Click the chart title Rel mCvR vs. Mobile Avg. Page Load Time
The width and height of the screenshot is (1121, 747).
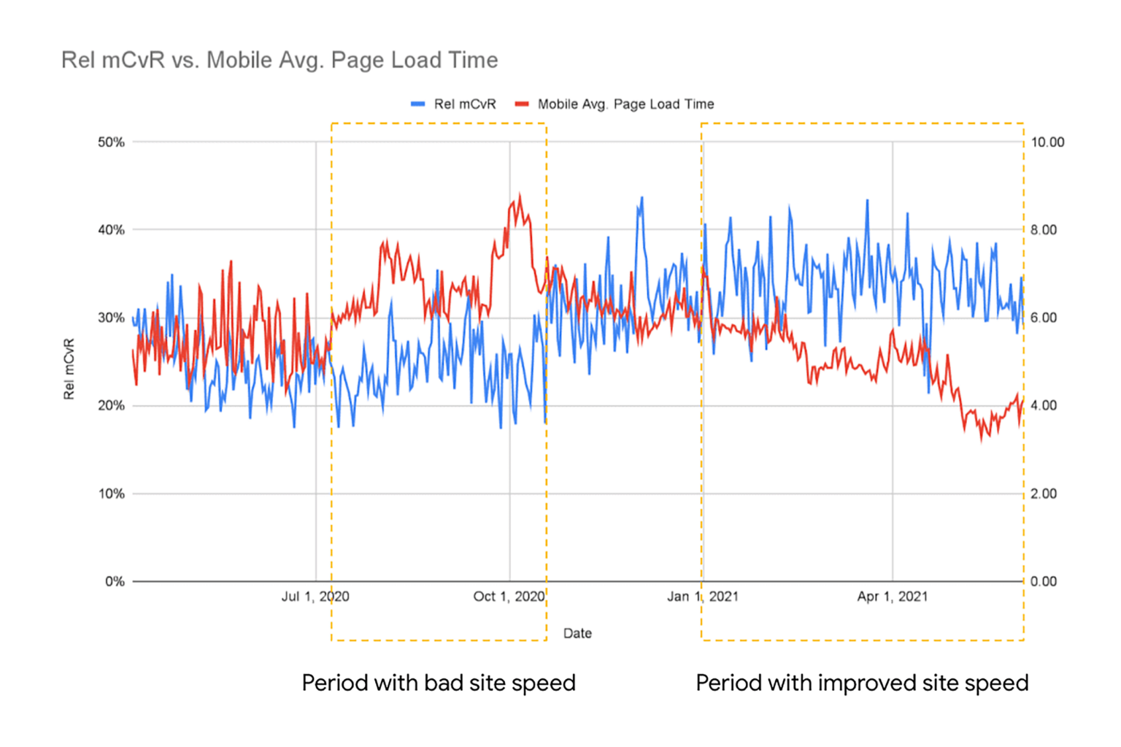(280, 60)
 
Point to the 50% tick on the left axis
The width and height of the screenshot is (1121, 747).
(111, 142)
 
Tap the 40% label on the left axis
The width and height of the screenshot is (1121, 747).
(111, 230)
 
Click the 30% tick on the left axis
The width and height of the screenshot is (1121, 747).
(111, 318)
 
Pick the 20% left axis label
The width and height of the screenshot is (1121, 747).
(111, 406)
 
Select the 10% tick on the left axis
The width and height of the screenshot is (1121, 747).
(111, 494)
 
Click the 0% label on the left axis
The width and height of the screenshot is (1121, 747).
(115, 582)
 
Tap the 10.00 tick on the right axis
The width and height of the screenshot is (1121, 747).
(1047, 142)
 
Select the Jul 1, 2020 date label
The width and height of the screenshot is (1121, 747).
(315, 597)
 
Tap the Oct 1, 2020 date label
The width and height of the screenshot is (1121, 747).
(509, 597)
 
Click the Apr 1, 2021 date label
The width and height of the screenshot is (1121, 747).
(892, 597)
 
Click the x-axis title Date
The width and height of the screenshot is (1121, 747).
(577, 633)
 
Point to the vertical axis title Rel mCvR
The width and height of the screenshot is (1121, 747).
(69, 369)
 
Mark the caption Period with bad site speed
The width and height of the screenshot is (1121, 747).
(439, 683)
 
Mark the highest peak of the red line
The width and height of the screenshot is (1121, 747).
(520, 195)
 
